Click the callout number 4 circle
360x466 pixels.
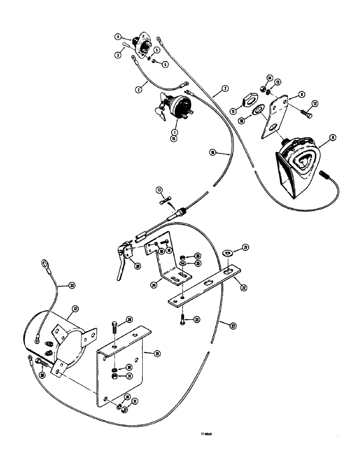(118, 36)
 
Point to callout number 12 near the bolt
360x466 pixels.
(315, 103)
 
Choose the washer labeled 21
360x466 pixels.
(228, 254)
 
